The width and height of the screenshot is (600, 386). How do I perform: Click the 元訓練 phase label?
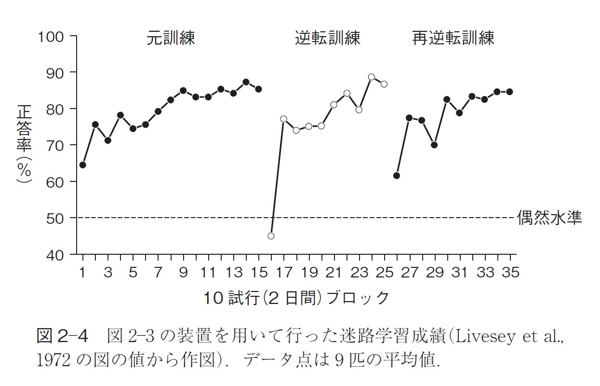point(171,39)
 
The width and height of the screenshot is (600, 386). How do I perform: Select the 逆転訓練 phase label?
point(328,39)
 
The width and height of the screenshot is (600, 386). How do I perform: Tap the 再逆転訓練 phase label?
point(453,39)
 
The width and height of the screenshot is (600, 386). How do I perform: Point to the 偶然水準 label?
point(549,218)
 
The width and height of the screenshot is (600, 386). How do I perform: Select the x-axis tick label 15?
point(259,273)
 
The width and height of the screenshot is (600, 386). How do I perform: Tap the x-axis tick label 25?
point(384,273)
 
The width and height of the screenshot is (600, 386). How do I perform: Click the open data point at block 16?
point(271,236)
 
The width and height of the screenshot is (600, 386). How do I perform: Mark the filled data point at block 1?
point(82,165)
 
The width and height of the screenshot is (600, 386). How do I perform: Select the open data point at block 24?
point(371,77)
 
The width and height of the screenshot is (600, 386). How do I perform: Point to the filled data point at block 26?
point(397,176)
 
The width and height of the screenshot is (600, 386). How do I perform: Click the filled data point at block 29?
point(434,145)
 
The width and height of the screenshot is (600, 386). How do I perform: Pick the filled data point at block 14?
point(246,82)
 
